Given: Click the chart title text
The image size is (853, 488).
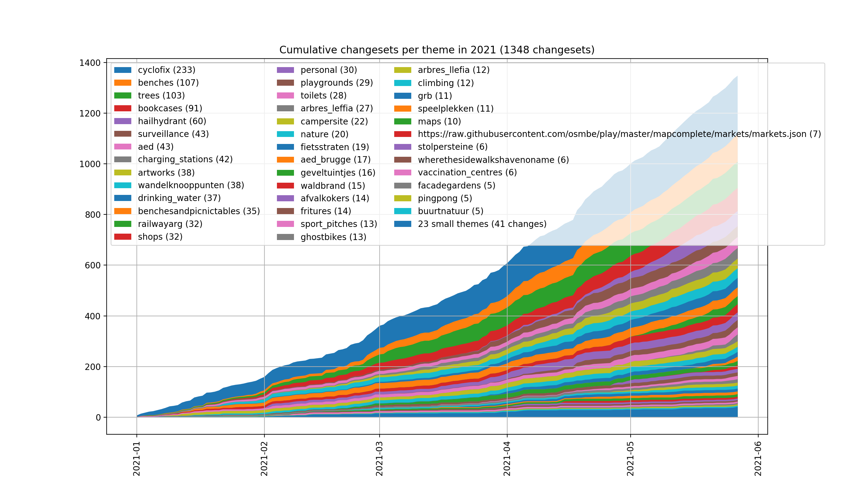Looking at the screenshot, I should point(437,50).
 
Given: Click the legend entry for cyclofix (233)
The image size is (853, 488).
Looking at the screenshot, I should point(166,70).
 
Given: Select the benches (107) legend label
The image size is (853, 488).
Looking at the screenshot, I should point(168,83).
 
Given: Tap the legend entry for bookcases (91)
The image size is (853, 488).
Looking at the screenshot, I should point(170,108).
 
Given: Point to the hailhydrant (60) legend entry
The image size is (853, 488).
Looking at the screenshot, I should point(172,121).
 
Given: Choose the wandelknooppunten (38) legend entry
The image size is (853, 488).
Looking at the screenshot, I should point(191,185).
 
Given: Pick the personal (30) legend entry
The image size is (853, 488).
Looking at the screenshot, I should point(328,70).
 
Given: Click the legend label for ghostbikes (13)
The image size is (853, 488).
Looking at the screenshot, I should point(333,237).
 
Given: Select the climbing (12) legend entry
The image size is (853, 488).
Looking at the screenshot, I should point(446,83).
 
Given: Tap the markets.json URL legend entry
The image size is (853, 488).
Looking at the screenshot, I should point(619,134).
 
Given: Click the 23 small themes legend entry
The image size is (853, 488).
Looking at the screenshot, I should point(482,224).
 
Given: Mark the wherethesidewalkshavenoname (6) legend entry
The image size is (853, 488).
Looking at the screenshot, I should point(493,160).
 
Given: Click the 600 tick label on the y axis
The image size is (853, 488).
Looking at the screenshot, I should point(92,265).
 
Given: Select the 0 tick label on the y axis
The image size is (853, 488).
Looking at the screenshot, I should point(98,418).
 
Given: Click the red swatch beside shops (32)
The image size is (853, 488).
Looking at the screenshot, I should point(122,237).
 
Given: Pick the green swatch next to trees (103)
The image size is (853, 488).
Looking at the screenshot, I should point(122,95).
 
